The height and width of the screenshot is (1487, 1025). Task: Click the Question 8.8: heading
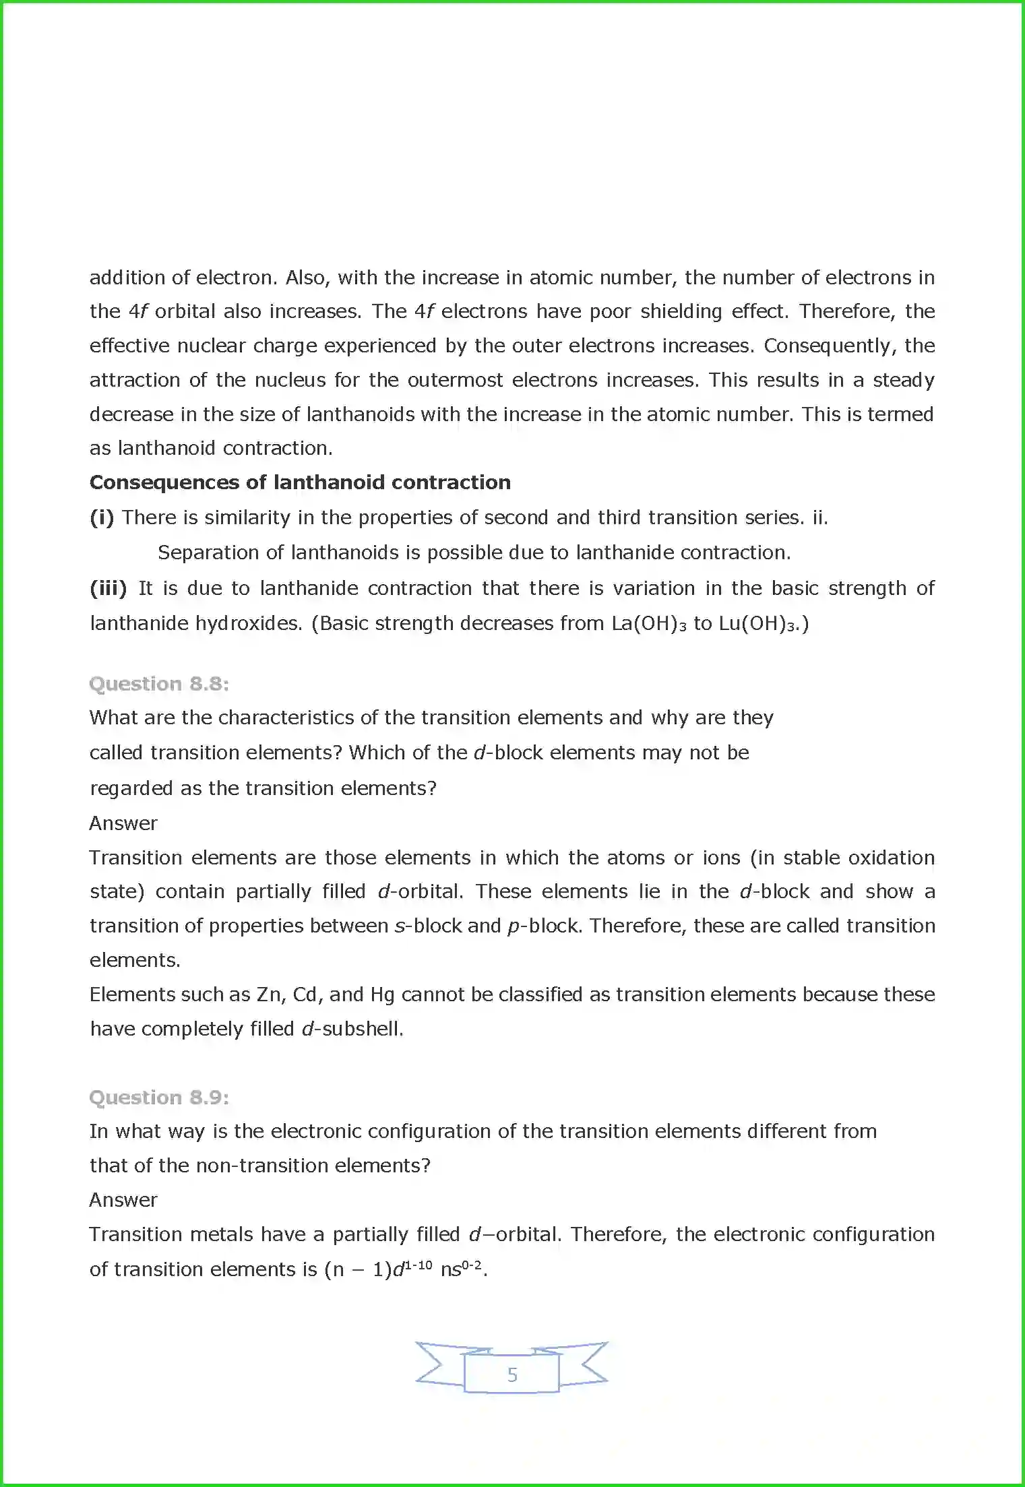(x=159, y=684)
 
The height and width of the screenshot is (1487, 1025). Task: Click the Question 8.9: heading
(x=159, y=1098)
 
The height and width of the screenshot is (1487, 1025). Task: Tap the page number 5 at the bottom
(x=512, y=1374)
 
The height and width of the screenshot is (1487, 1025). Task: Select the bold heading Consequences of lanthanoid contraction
(x=300, y=482)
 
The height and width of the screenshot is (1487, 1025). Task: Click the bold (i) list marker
(x=102, y=517)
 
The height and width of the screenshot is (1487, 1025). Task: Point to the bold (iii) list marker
(x=108, y=588)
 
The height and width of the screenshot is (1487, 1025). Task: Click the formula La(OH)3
(x=648, y=623)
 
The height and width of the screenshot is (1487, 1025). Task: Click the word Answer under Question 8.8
(x=123, y=823)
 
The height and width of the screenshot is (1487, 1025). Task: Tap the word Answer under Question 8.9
(x=123, y=1200)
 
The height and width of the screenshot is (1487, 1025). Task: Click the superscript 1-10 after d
(x=418, y=1265)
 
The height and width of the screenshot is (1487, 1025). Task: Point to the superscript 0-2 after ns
(x=472, y=1265)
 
